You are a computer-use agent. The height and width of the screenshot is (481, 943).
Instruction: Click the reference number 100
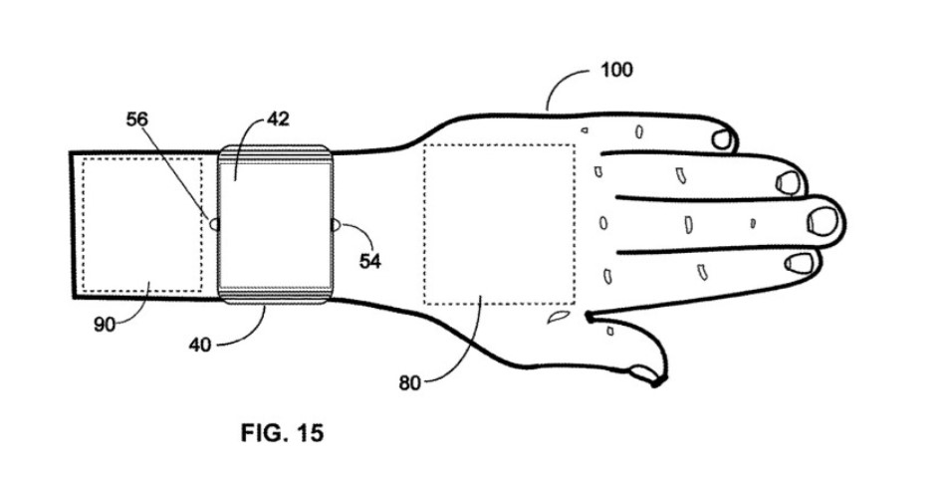[x=616, y=70]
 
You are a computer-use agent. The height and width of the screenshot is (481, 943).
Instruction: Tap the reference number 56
[x=136, y=120]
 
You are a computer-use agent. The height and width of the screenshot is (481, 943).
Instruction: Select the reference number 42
[x=278, y=119]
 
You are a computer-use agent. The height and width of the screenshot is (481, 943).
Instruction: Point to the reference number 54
[x=369, y=261]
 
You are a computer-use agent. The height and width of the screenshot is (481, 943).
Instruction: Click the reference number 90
[x=104, y=325]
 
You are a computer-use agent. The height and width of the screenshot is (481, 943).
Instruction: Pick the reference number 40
[x=200, y=345]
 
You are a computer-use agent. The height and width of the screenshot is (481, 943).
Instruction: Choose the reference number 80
[x=409, y=382]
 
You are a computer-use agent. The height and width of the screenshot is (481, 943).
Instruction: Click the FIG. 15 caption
[x=282, y=433]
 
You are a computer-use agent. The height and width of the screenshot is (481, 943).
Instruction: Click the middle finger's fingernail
[x=824, y=221]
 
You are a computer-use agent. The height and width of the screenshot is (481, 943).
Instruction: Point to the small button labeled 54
[x=336, y=225]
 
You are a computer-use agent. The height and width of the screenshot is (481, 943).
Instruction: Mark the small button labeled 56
[x=213, y=224]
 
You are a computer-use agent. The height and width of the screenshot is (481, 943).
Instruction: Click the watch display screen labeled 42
[x=276, y=224]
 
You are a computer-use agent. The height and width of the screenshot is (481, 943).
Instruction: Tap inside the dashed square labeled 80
[x=499, y=224]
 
